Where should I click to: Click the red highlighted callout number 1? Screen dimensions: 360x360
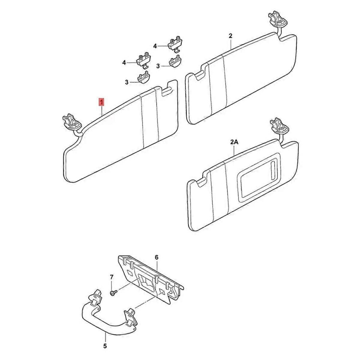click(x=101, y=102)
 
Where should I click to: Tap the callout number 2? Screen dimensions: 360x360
click(x=230, y=36)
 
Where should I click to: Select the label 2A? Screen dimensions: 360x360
click(x=235, y=142)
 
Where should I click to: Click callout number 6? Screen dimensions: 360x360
click(x=157, y=257)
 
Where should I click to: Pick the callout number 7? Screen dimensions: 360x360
click(x=112, y=277)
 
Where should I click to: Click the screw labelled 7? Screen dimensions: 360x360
click(x=113, y=293)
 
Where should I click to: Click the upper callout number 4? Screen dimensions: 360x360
click(x=155, y=46)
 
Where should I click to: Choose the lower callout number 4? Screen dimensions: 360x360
click(x=124, y=63)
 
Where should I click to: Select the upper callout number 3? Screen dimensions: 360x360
click(x=158, y=66)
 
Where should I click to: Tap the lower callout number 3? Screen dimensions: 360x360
click(x=127, y=82)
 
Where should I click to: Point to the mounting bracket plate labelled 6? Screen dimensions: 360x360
click(x=151, y=281)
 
